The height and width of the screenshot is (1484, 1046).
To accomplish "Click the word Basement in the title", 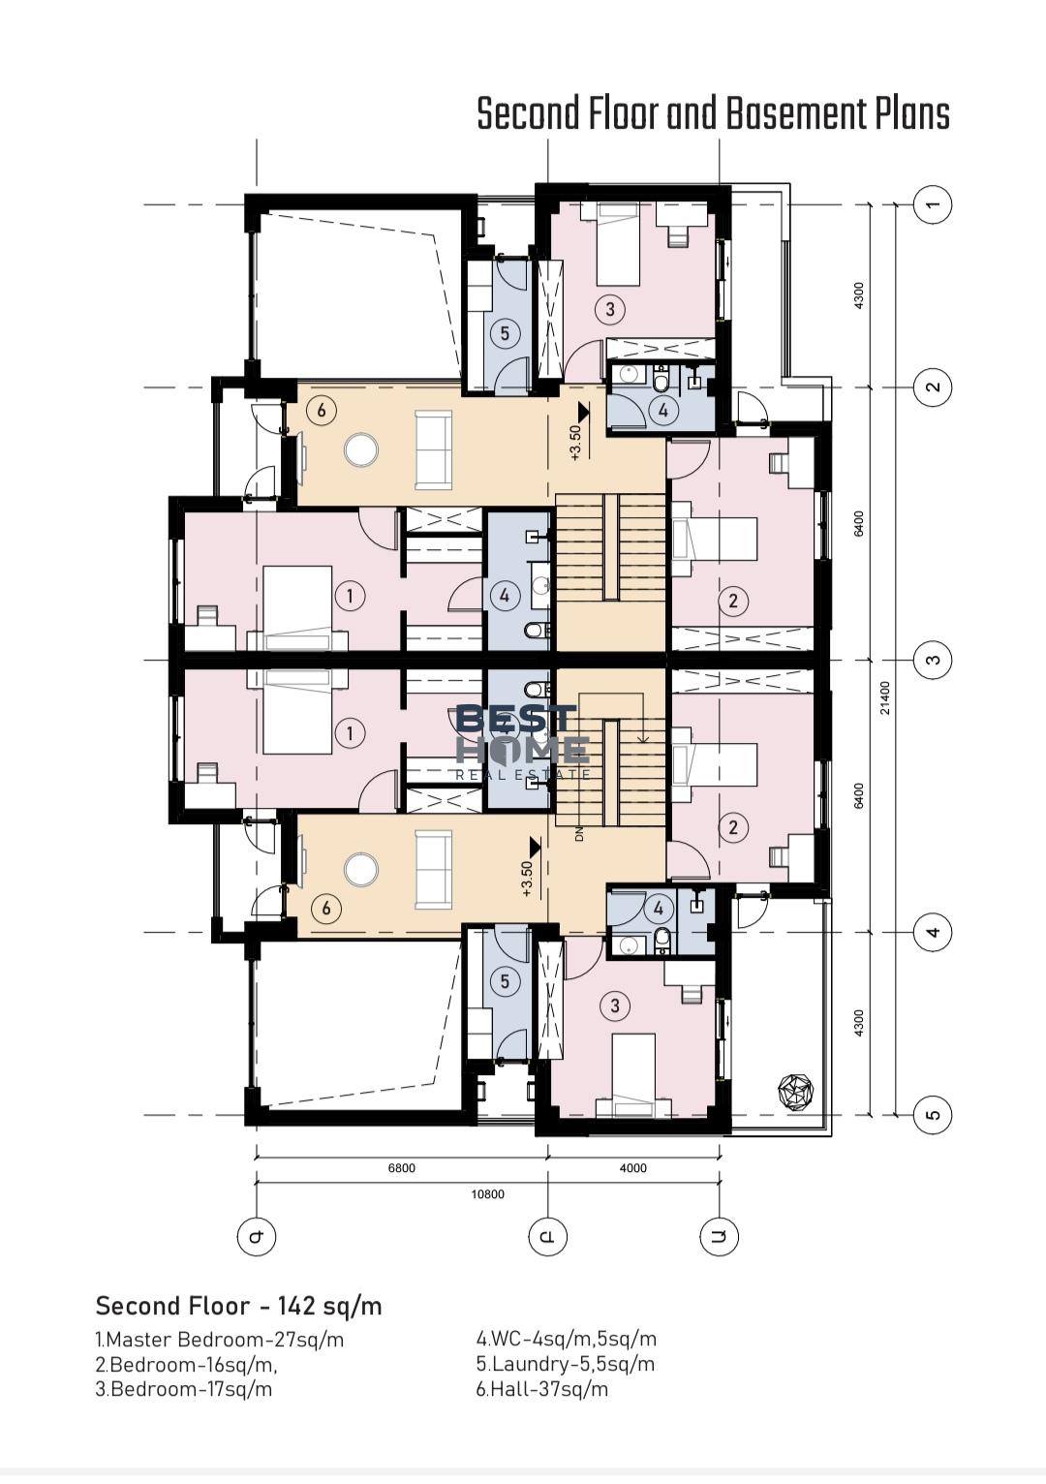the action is click(x=795, y=113).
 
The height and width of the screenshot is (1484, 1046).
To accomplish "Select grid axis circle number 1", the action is click(x=933, y=203).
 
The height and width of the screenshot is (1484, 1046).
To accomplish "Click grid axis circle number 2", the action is click(x=933, y=386).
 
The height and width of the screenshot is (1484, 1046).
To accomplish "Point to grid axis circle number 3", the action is click(x=933, y=660).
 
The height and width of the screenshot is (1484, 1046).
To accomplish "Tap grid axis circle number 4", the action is click(x=933, y=933).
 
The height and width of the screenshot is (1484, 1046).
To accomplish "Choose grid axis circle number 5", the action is click(x=933, y=1114).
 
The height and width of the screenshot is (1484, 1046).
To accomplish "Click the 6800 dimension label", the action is click(x=401, y=1168).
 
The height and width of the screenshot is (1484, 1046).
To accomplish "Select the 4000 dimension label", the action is click(x=633, y=1168).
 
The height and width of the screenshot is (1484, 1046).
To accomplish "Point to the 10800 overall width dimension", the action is click(x=487, y=1194).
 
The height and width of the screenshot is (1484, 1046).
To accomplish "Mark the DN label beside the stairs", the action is click(x=579, y=835).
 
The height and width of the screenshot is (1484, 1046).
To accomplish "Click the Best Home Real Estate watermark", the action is click(x=523, y=743).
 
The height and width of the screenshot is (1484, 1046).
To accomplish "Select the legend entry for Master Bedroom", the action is click(x=220, y=1340).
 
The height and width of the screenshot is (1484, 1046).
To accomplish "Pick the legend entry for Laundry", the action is click(x=565, y=1364).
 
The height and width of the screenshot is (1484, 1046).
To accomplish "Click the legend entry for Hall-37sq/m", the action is click(x=541, y=1389).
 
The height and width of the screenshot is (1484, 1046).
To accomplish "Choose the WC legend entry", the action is click(x=567, y=1339).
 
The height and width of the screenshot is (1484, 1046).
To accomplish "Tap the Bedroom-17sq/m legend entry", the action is click(x=183, y=1389).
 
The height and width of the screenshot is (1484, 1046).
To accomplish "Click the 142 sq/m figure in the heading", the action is click(x=330, y=1307).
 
